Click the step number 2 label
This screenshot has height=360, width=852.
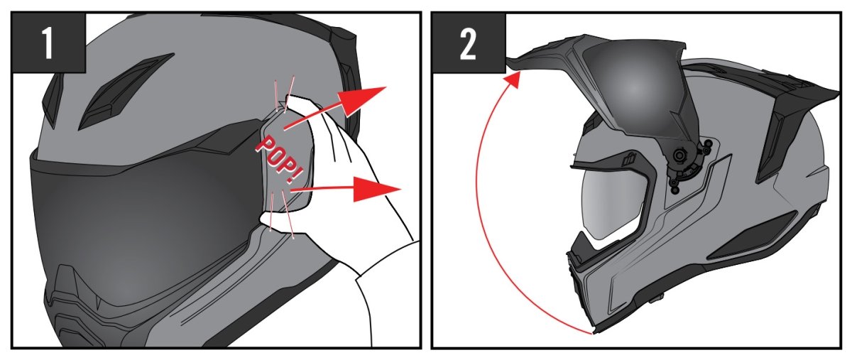point(468,44)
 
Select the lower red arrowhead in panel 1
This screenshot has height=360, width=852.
point(376,189)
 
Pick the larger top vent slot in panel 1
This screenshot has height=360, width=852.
point(126,92)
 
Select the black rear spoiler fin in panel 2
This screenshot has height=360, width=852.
point(791,126)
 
